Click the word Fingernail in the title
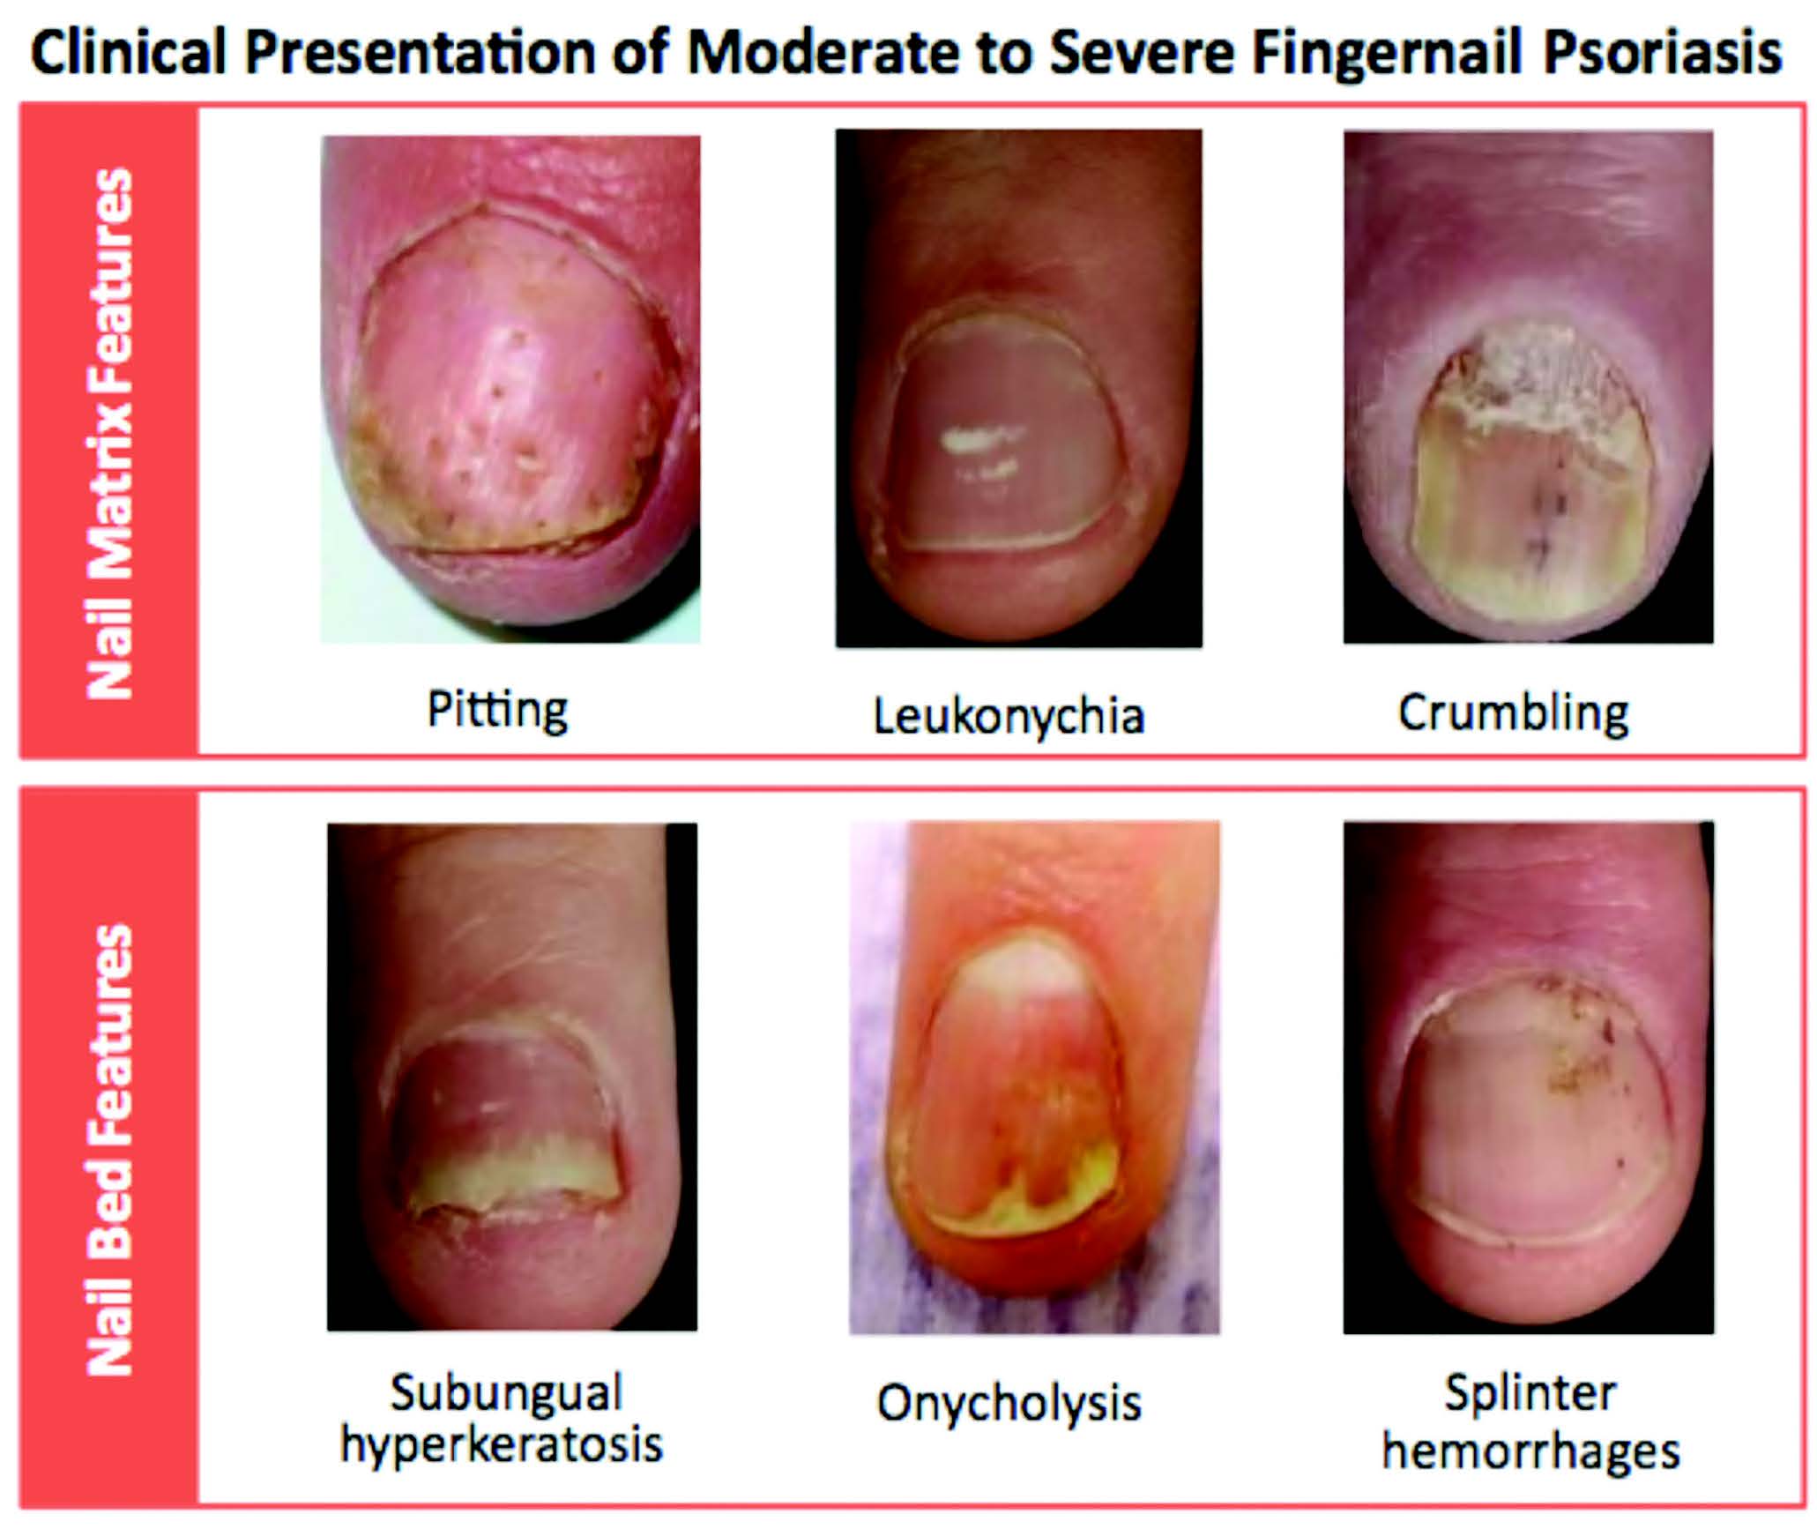pos(1388,53)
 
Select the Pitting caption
pos(497,710)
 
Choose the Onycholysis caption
pos(1009,1403)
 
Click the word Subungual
pos(506,1392)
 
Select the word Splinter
pos(1530,1393)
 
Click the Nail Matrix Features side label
pos(111,434)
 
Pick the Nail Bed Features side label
pos(111,1150)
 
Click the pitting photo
pos(510,389)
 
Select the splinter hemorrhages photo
pos(1529,1077)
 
